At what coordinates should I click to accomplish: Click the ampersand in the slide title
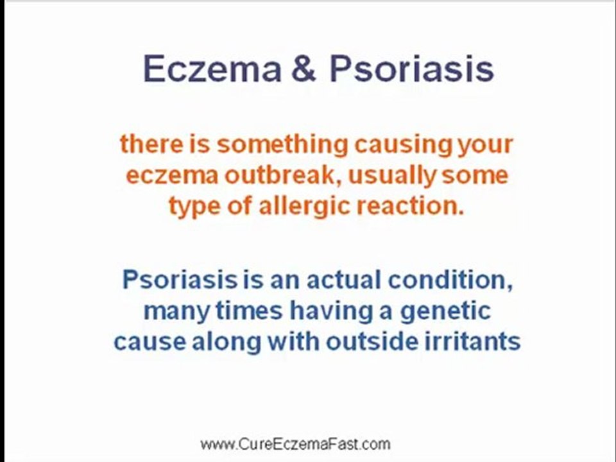pos(305,69)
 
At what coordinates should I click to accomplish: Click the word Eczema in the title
pos(212,69)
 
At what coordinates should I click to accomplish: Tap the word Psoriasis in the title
pos(411,69)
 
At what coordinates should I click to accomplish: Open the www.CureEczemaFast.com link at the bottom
pos(295,444)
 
